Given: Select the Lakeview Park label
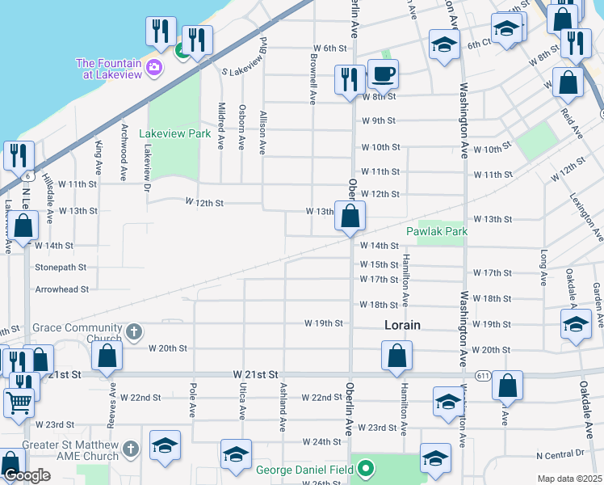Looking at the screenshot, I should (x=170, y=133).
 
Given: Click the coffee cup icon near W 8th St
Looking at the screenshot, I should (x=383, y=74).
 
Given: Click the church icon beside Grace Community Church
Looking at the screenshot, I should (x=134, y=331).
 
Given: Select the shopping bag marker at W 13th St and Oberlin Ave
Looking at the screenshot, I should (x=350, y=217).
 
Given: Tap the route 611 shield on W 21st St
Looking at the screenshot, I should (x=483, y=375).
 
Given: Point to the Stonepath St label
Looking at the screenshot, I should (x=61, y=266).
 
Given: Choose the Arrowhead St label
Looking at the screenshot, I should (x=61, y=289).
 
